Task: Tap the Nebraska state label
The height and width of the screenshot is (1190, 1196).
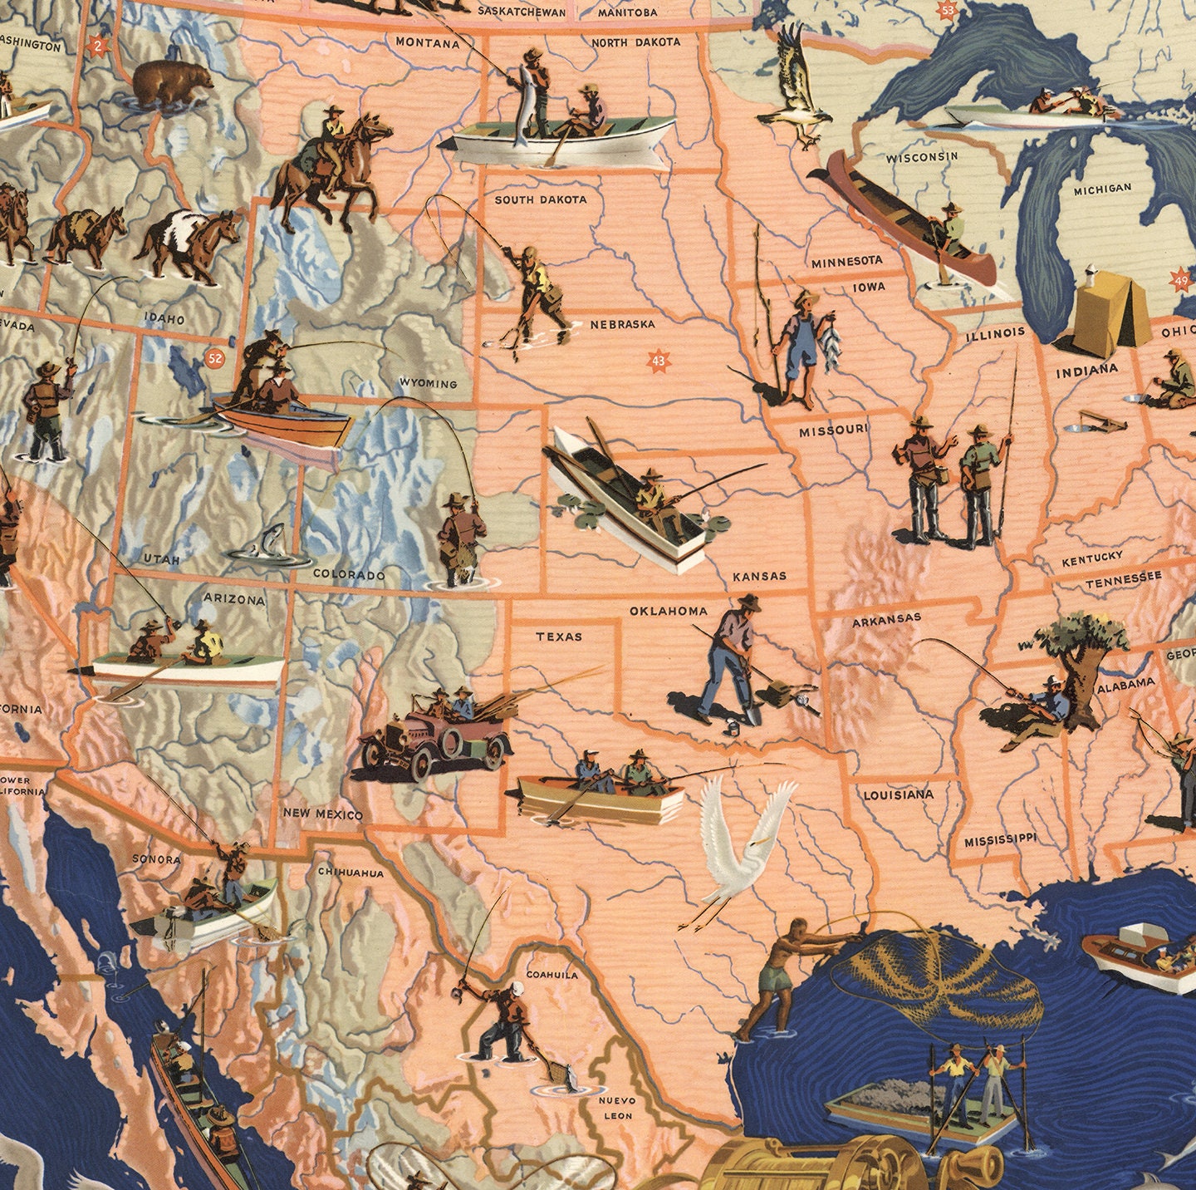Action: point(622,324)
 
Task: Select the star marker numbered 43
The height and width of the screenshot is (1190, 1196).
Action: point(659,361)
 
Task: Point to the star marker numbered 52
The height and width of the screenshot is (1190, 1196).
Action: point(215,359)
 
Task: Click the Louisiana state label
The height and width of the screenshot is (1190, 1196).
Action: point(898,795)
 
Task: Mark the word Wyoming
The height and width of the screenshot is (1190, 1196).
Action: point(428,383)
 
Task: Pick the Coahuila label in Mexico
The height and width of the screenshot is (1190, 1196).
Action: point(551,974)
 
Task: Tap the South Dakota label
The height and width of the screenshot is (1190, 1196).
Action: point(540,199)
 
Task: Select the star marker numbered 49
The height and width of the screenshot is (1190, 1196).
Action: point(1181,282)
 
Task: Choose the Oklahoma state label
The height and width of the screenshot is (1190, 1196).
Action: point(668,611)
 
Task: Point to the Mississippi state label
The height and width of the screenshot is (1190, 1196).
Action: point(1000,840)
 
